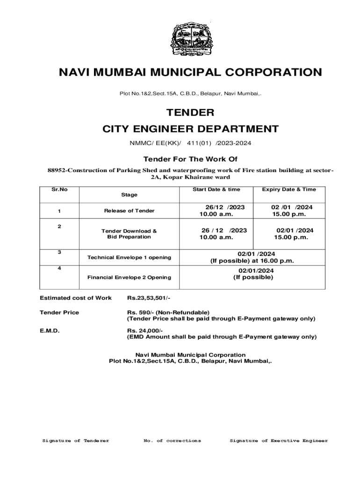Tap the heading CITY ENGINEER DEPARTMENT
pyautogui.click(x=190, y=129)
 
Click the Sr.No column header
pyautogui.click(x=59, y=189)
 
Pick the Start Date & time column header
pyautogui.click(x=216, y=189)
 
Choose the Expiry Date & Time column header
pyautogui.click(x=288, y=189)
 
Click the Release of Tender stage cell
pyautogui.click(x=129, y=211)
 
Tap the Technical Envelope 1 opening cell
pyautogui.click(x=129, y=257)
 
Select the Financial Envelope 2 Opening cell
pyautogui.click(x=129, y=277)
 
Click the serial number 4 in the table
pyautogui.click(x=59, y=269)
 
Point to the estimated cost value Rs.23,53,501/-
pyautogui.click(x=149, y=298)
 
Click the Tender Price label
pyautogui.click(x=59, y=312)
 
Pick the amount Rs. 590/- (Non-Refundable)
pyautogui.click(x=168, y=312)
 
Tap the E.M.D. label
pyautogui.click(x=50, y=330)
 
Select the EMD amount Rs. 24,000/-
pyautogui.click(x=145, y=330)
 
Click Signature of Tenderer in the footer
pyautogui.click(x=76, y=441)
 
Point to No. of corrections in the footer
pyautogui.click(x=173, y=441)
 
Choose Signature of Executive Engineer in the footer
pyautogui.click(x=279, y=441)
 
